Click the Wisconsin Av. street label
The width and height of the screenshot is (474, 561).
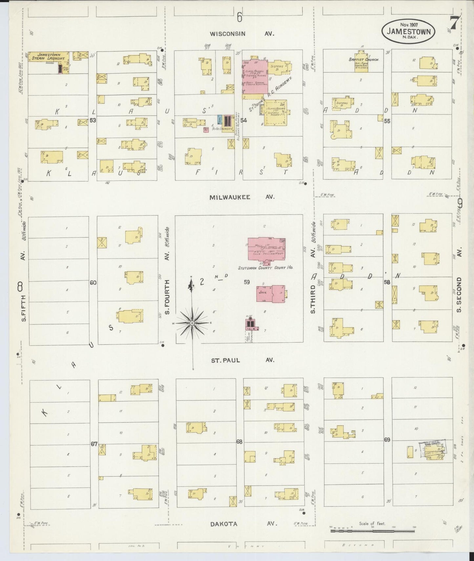(x=242, y=34)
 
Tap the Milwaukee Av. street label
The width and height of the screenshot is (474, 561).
(x=242, y=197)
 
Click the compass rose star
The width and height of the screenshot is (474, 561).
(x=192, y=323)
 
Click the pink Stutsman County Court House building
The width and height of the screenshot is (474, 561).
(x=266, y=249)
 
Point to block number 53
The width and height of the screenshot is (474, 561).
(x=93, y=120)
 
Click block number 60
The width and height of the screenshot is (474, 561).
(x=93, y=282)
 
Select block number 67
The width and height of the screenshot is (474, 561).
(x=94, y=444)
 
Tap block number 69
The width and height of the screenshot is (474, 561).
(x=387, y=440)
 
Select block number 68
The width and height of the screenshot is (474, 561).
(x=239, y=442)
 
